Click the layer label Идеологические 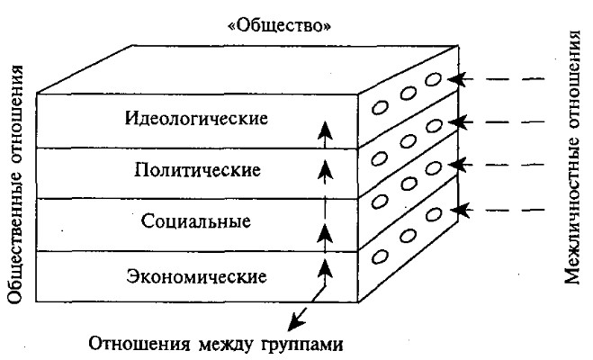[197, 118]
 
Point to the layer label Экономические [197, 275]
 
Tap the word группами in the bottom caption [297, 343]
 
